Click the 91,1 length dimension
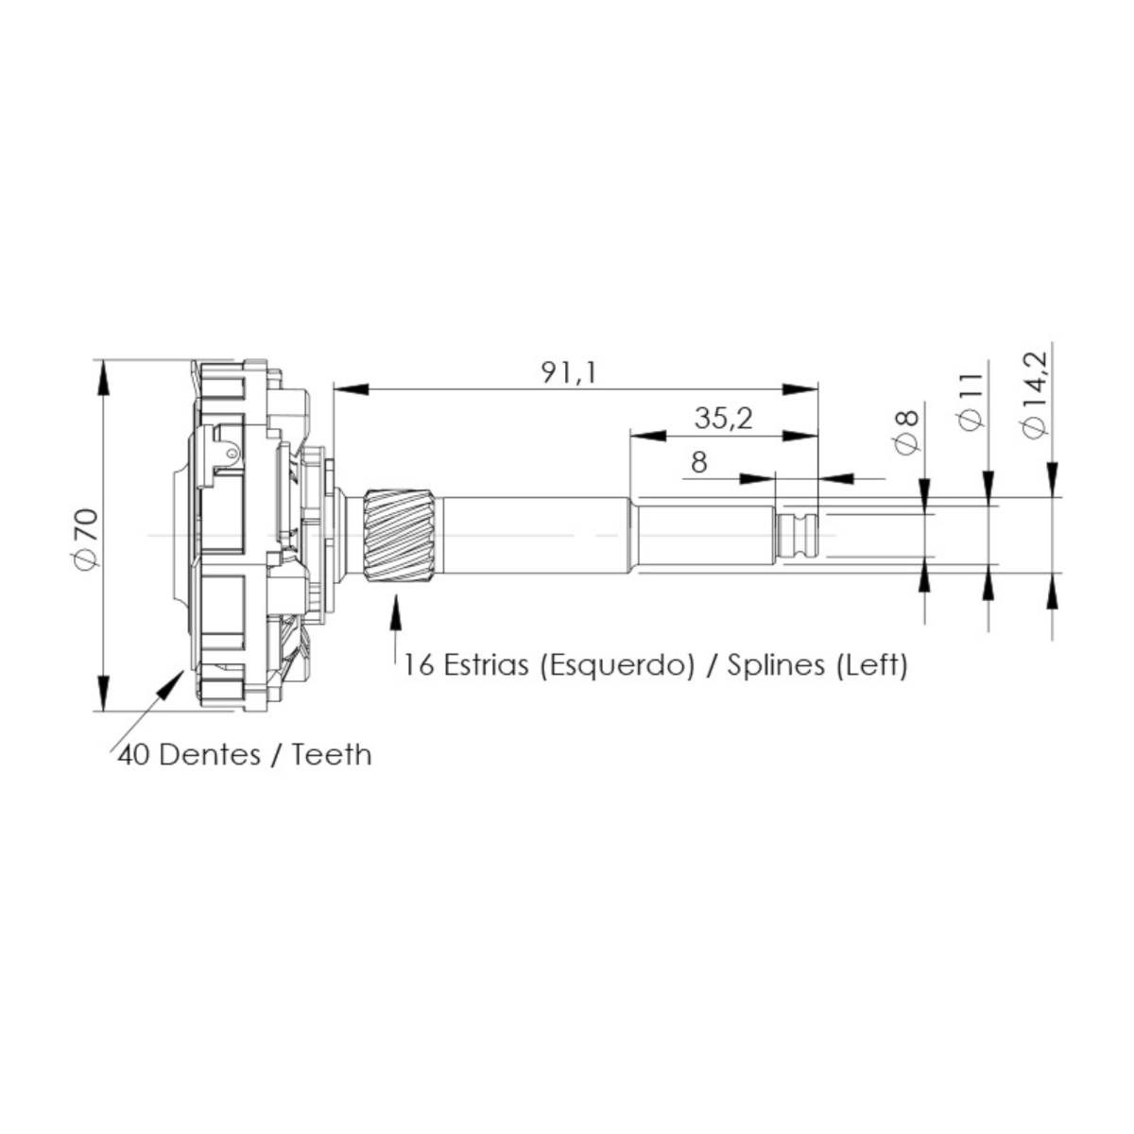click(x=568, y=372)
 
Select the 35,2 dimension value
click(x=723, y=419)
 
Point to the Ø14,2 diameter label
click(x=1035, y=394)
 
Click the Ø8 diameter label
click(x=907, y=431)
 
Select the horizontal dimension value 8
click(x=698, y=462)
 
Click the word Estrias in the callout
click(x=486, y=665)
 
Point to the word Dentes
click(x=210, y=755)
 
